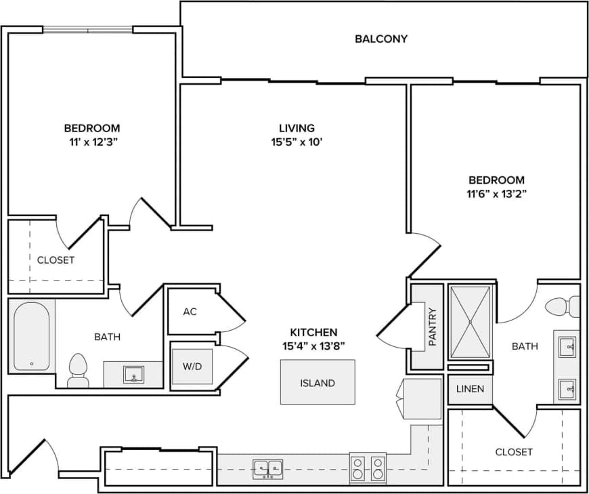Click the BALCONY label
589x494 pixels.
[381, 39]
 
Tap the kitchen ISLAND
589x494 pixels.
[318, 382]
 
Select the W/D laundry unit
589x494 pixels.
[192, 367]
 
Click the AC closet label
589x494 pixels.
[190, 312]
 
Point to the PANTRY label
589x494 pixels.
[431, 327]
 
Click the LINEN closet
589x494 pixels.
[470, 389]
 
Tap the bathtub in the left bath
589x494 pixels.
[31, 337]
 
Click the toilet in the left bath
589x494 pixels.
[79, 369]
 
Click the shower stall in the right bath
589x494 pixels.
[470, 321]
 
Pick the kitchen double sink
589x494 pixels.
[268, 468]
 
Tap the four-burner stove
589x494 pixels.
[368, 468]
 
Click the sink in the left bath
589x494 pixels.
[133, 374]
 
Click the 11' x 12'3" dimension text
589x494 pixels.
[92, 142]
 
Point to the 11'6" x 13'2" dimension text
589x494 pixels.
[496, 194]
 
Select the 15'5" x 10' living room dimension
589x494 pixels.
[297, 142]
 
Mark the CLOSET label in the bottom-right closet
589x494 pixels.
[514, 452]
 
